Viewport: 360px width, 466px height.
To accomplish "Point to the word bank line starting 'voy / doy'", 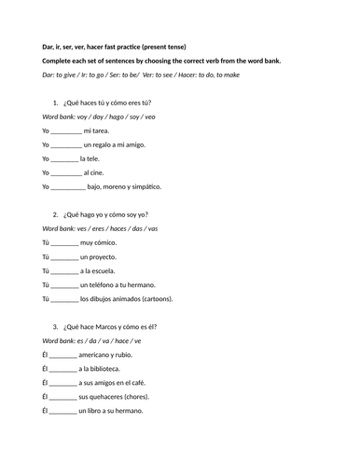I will coord(106,117).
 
